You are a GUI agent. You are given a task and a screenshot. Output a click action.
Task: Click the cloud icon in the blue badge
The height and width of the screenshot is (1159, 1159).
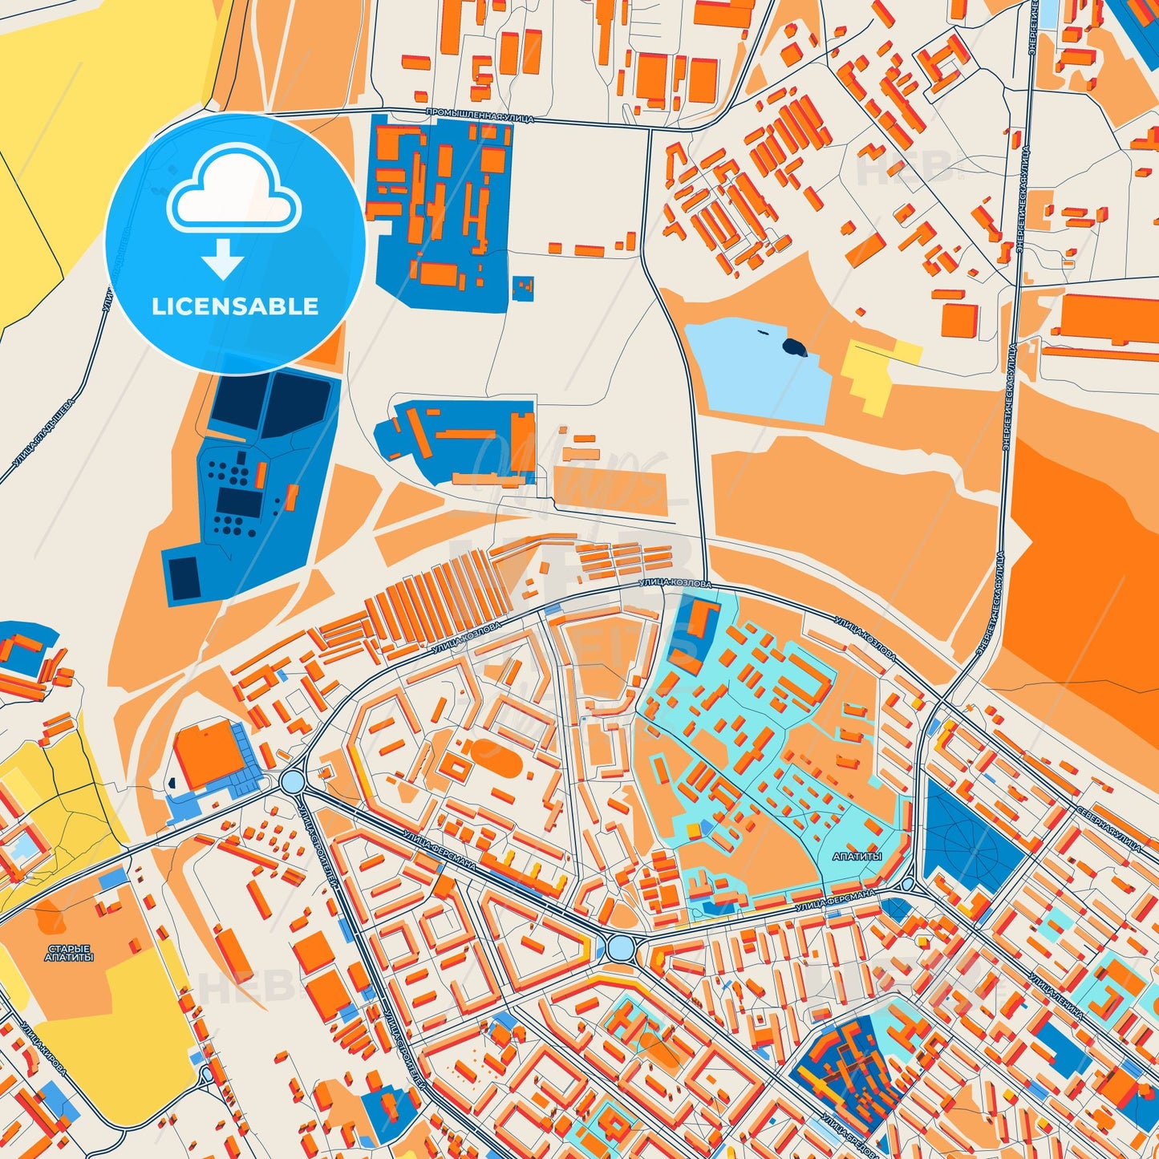(233, 192)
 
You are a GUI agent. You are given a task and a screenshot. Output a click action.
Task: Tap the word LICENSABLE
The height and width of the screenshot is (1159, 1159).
(235, 306)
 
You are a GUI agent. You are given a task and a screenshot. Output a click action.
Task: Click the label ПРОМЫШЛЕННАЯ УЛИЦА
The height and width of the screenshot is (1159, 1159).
(479, 116)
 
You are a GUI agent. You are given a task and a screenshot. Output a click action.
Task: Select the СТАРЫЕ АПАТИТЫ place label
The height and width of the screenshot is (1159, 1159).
(69, 953)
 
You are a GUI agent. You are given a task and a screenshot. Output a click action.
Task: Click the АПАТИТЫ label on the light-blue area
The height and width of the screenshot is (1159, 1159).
(857, 856)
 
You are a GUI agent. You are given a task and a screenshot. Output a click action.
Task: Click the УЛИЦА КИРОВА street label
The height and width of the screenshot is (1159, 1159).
(43, 1048)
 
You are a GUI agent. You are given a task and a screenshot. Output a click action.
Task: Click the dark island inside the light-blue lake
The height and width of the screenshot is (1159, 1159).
(794, 346)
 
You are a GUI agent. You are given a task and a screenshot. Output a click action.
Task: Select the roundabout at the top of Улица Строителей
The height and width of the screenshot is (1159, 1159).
(292, 781)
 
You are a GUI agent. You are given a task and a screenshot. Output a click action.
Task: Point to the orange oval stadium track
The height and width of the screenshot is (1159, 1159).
(489, 753)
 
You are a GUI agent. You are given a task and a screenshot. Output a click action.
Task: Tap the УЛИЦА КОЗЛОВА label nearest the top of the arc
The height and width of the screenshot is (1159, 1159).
(675, 584)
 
